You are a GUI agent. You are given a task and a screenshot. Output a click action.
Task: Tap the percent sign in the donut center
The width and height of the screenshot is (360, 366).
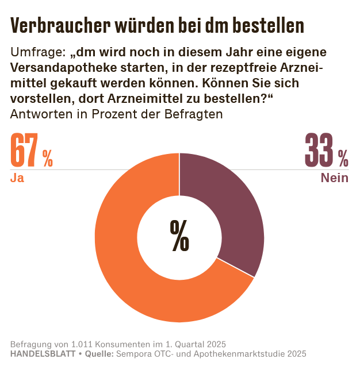[x=179, y=236]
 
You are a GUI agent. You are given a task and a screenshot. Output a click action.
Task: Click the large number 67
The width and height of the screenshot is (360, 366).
[x=25, y=151]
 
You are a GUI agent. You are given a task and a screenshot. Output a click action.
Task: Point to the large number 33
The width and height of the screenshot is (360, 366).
[x=319, y=151]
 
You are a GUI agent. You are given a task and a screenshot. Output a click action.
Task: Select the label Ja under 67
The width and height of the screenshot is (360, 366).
[x=17, y=178]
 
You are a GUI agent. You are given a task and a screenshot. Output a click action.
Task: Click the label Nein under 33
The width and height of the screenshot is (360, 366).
[x=334, y=178]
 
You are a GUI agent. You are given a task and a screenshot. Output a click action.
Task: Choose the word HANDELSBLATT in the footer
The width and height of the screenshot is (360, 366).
[x=43, y=353]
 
